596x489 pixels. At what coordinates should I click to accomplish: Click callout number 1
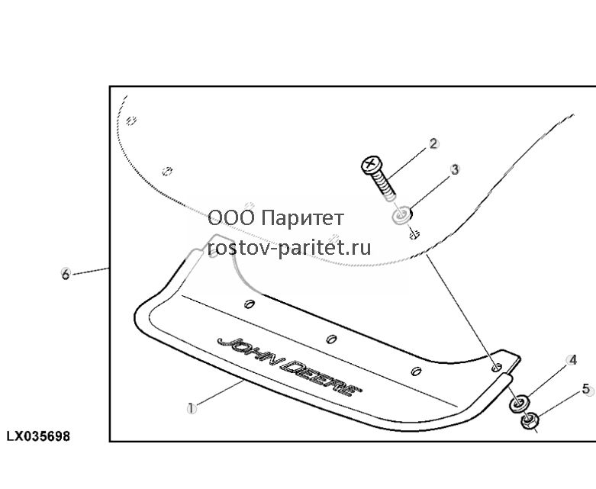[x=192, y=409]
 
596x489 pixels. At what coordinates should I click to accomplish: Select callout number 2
[x=433, y=144]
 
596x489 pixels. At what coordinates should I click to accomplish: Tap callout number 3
[x=455, y=169]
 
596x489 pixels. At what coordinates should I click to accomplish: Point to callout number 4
[x=572, y=360]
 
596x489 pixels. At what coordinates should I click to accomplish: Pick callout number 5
[x=587, y=390]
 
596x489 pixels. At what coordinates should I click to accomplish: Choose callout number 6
[x=66, y=274]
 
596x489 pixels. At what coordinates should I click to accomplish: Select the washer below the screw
[x=401, y=215]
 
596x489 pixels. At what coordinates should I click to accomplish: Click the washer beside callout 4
[x=519, y=403]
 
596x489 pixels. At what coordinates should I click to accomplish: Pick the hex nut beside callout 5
[x=528, y=421]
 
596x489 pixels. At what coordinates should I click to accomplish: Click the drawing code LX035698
[x=38, y=436]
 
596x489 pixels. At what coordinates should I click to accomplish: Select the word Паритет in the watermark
[x=303, y=218]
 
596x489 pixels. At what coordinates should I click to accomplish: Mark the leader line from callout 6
[x=91, y=271]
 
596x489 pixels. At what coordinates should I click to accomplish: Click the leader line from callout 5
[x=559, y=404]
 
